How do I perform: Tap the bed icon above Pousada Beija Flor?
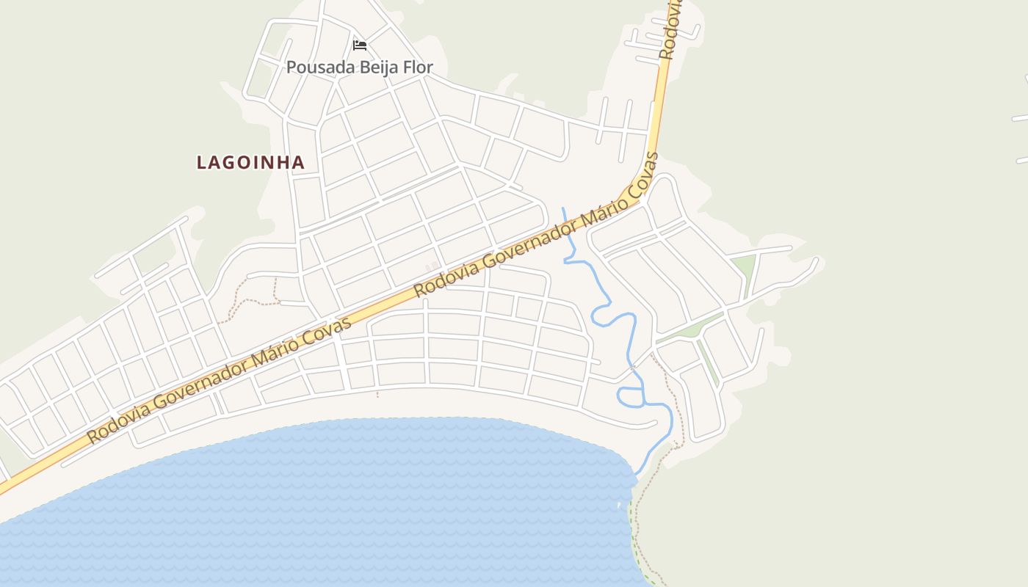pyautogui.click(x=360, y=45)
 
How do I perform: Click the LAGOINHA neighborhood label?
pyautogui.click(x=250, y=163)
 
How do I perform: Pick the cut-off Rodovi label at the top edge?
pyautogui.click(x=670, y=29)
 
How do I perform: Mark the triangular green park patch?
pyautogui.click(x=744, y=268)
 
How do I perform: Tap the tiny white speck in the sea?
pyautogui.click(x=619, y=506)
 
